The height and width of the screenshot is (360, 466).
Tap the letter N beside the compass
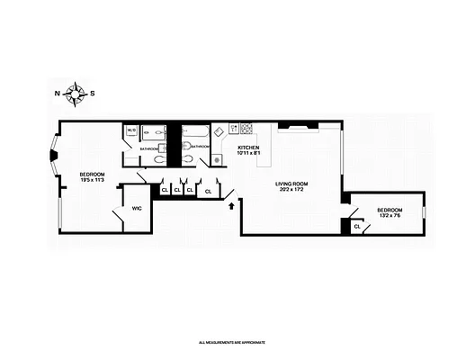coord(58,93)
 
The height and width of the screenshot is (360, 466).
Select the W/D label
coord(131,130)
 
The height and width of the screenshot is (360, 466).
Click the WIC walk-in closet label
coord(137,208)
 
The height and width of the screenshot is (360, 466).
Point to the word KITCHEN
coord(248,147)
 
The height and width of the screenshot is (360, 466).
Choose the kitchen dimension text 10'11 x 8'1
coord(248,153)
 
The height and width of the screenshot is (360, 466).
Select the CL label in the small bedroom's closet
coord(357,227)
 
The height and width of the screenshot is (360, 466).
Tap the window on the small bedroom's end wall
coord(424,212)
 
